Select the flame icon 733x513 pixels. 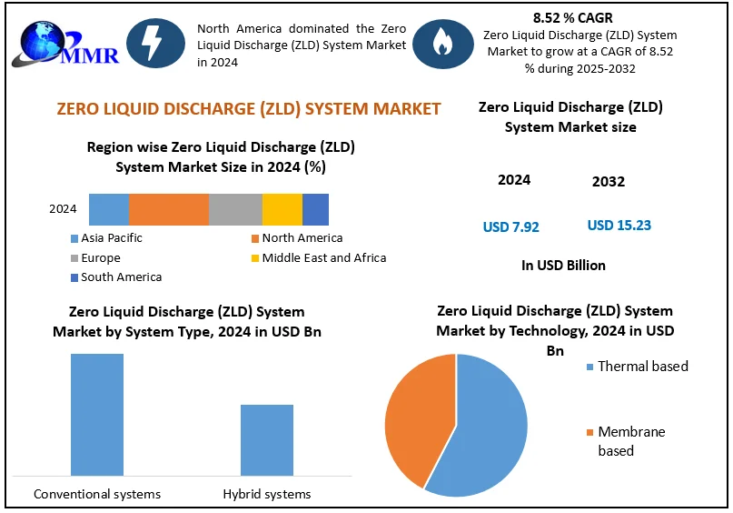click(x=442, y=43)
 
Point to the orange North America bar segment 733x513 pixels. click(x=169, y=209)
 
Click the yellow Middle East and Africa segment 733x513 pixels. click(x=282, y=209)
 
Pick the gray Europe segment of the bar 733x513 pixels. click(x=235, y=209)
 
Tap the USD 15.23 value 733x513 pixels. click(x=619, y=226)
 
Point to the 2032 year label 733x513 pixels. click(x=609, y=182)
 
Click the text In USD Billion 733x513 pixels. click(x=563, y=266)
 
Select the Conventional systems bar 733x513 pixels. click(x=97, y=414)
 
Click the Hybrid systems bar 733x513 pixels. click(x=267, y=439)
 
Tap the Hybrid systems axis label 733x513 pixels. click(x=267, y=495)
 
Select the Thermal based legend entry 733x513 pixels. click(x=642, y=367)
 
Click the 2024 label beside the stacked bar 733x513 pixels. click(x=63, y=209)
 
